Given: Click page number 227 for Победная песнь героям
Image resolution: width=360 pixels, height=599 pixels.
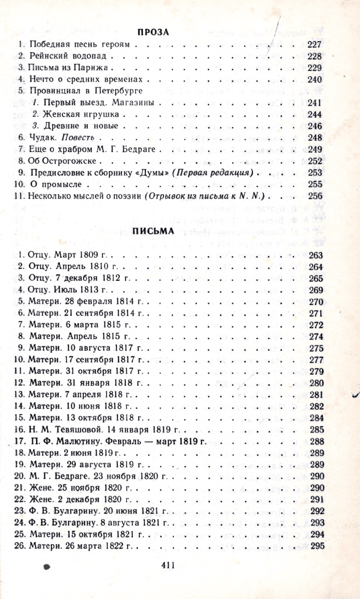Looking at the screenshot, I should point(315,44).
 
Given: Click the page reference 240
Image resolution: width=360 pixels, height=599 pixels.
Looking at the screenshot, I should point(315,80).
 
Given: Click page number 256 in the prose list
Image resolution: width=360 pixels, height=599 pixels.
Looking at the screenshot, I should point(315,196).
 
